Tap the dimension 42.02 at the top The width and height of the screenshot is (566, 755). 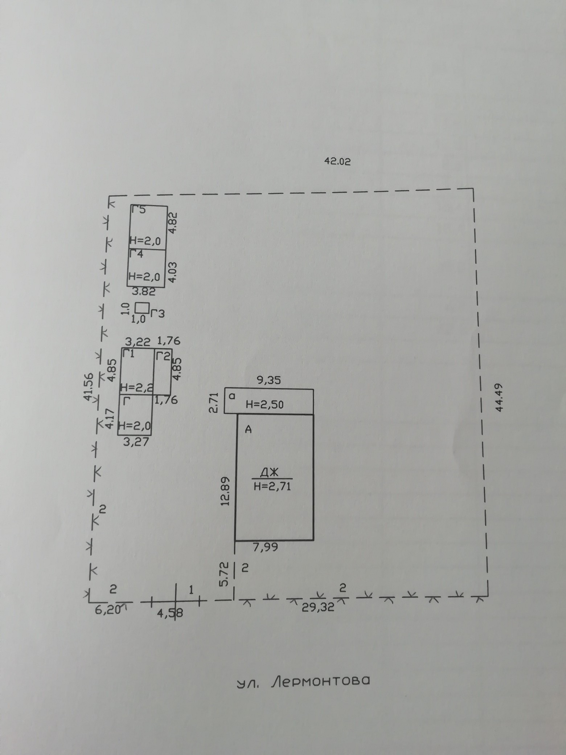337,162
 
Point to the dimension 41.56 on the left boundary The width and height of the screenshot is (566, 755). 88,387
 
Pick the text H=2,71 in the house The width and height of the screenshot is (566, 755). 272,486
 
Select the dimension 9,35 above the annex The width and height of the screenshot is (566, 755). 268,380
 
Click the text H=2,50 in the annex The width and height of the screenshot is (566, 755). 264,404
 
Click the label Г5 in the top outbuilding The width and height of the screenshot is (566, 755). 139,209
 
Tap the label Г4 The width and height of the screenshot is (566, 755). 136,254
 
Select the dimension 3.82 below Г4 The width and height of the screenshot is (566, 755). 143,291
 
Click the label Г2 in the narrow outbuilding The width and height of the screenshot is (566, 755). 163,356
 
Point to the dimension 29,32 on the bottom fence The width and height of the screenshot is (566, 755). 318,607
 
